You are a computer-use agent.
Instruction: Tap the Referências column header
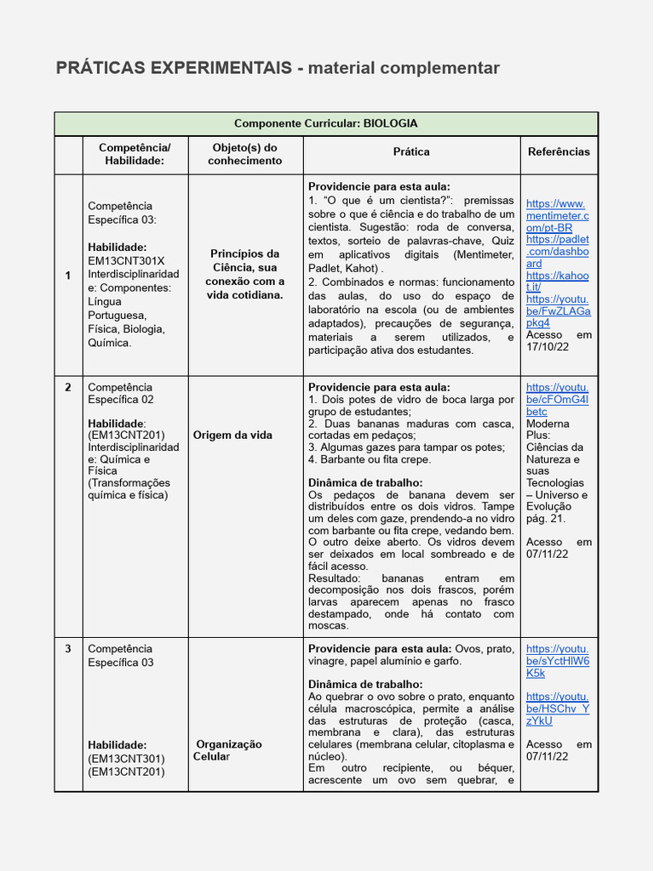559,151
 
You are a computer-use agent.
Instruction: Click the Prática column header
411,151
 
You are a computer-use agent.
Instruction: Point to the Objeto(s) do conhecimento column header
244,154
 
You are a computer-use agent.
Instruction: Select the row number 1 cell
68,276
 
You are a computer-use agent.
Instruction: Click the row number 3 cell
68,649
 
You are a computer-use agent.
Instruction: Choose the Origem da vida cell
232,435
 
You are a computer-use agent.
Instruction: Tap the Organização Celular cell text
228,750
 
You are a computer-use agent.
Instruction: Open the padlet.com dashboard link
557,252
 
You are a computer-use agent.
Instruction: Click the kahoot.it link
557,282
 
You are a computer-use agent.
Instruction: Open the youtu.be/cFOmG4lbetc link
557,399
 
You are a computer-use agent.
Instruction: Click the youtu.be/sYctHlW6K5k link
557,661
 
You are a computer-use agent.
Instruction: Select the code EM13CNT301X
126,261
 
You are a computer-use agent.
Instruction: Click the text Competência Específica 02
121,393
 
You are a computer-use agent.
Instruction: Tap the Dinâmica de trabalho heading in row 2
365,482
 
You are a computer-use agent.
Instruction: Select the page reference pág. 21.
546,518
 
